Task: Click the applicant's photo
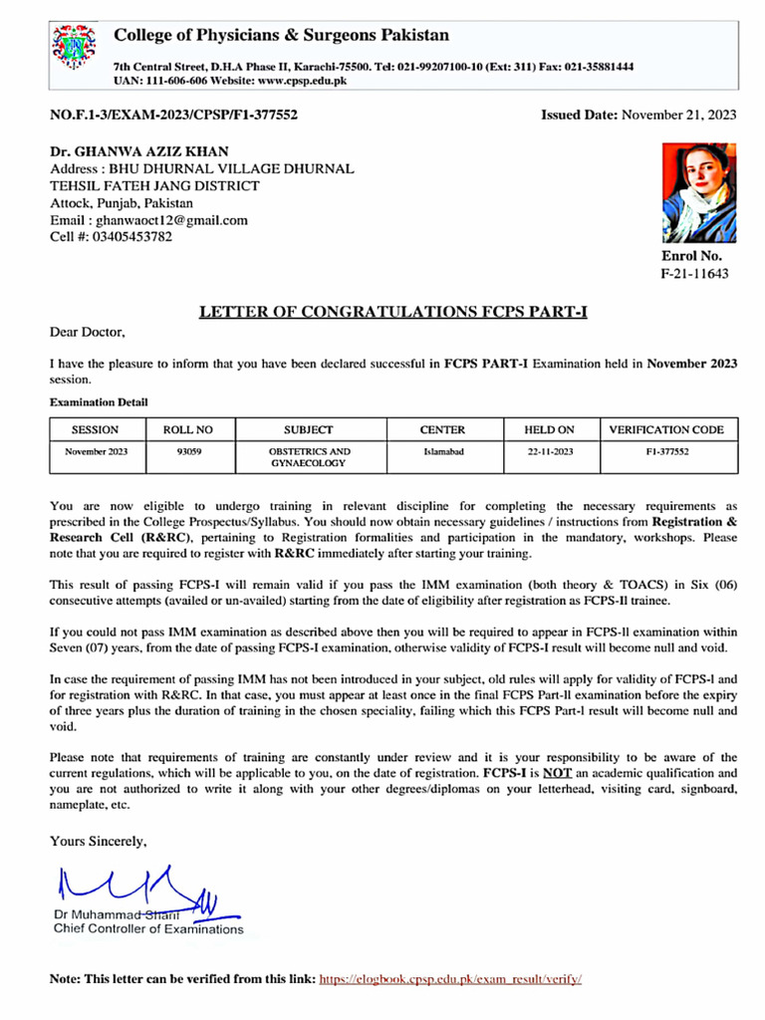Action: pos(699,192)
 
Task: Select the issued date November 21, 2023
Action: pos(678,115)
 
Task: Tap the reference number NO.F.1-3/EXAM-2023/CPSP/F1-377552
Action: pos(173,115)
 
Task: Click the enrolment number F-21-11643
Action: pos(694,274)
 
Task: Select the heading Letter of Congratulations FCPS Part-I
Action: pos(393,312)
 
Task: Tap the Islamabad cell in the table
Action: pos(442,451)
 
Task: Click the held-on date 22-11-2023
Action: pos(550,451)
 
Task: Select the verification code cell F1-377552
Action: pos(666,451)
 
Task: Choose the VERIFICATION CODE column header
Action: pos(666,430)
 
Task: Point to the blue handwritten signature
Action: pos(139,890)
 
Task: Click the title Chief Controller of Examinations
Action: pos(147,929)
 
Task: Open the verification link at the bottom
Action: pos(449,979)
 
